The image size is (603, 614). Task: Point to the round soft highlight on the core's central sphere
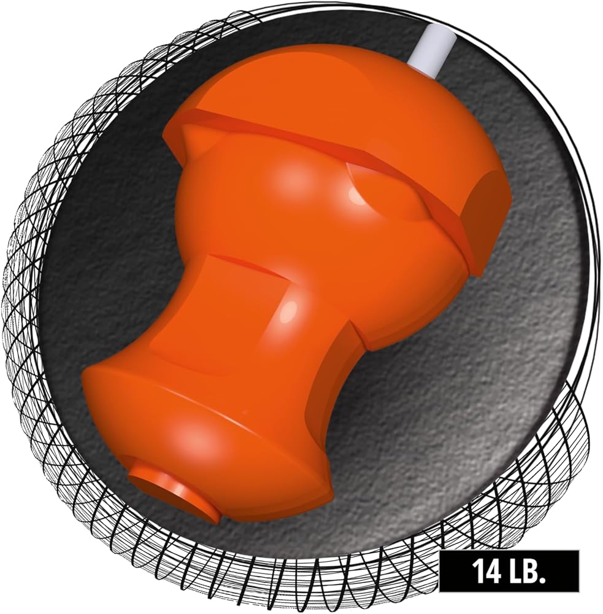click(x=291, y=178)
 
